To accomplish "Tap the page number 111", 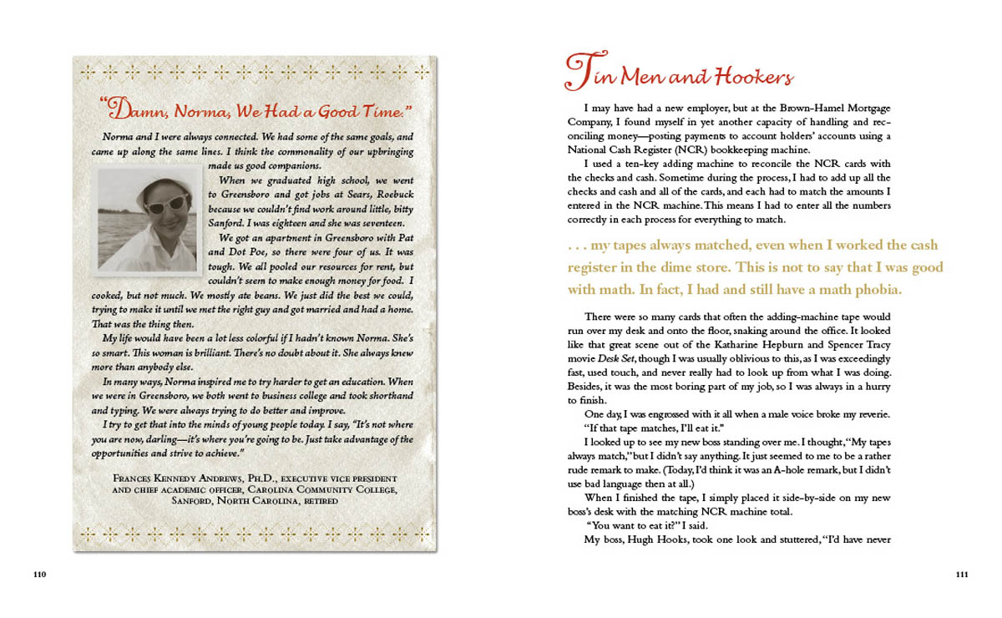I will click(x=962, y=575).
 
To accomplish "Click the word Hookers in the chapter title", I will click(x=748, y=78).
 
